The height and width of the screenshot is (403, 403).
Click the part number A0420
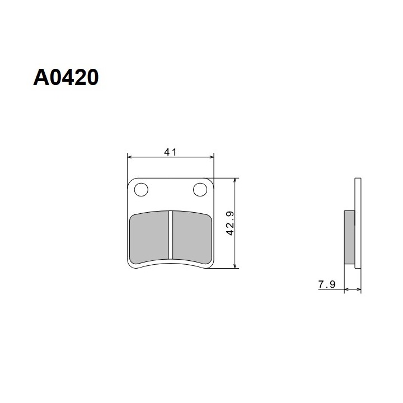(66, 77)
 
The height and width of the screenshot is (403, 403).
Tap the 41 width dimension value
(170, 152)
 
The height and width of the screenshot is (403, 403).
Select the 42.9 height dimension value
(230, 223)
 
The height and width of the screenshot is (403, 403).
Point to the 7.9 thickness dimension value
(327, 284)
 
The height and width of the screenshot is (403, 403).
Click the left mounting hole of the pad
(141, 190)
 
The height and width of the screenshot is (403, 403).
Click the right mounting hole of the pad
(200, 190)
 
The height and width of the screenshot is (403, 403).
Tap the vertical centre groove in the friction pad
(171, 235)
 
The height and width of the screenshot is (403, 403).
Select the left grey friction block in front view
(149, 237)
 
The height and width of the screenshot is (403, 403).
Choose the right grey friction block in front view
(192, 237)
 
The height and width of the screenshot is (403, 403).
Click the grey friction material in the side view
(349, 237)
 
